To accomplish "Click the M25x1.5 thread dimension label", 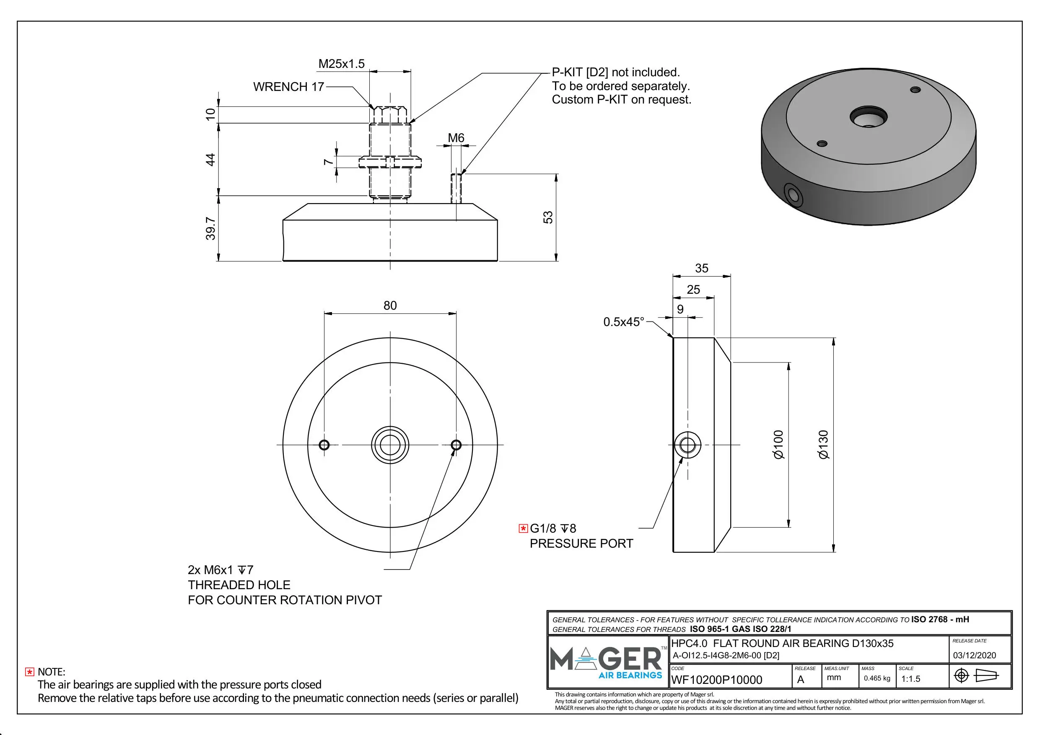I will click(x=341, y=64).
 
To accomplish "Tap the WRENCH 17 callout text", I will click(x=288, y=86).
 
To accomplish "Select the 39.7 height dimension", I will click(x=210, y=228).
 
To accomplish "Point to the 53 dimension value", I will click(x=548, y=217).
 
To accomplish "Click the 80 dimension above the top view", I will click(x=390, y=305).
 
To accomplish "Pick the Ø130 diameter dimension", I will click(x=823, y=445).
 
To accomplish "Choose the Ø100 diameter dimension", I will click(x=778, y=445).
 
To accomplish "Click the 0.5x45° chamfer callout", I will click(x=623, y=322).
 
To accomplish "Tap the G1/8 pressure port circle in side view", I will click(x=687, y=445).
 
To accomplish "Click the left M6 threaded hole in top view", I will click(x=324, y=445).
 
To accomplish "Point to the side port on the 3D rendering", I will click(x=793, y=195).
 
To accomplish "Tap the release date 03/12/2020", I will click(x=974, y=655).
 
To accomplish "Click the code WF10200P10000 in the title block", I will click(x=716, y=680).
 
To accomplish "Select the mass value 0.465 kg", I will click(x=877, y=678).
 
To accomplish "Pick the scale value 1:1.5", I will click(x=910, y=679).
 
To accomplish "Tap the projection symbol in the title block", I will click(x=976, y=675).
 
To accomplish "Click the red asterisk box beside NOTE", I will click(x=29, y=672).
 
